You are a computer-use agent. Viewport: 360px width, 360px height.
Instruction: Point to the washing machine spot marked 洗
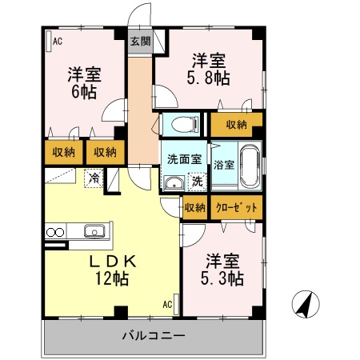point(197,182)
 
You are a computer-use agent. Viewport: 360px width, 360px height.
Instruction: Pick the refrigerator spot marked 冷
point(94,178)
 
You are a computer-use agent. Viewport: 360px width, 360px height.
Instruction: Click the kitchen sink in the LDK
point(93,232)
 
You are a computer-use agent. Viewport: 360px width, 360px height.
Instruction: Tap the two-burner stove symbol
point(55,233)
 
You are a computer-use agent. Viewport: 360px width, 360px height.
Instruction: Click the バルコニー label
point(154,334)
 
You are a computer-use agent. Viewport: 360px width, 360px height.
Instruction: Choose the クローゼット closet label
point(236,208)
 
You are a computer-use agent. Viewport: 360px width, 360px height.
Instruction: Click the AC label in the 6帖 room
point(58,40)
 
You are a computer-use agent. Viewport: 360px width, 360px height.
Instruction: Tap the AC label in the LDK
point(168,305)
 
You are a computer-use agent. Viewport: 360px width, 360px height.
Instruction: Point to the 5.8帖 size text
point(210,78)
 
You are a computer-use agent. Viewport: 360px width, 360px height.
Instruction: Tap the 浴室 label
point(224,166)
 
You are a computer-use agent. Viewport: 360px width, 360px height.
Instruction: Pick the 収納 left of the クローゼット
point(194,208)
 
